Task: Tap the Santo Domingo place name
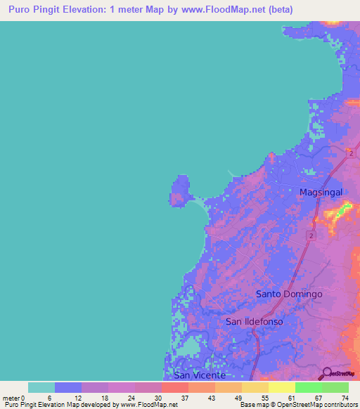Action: (288, 294)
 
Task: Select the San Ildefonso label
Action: (254, 321)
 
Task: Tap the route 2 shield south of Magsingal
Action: (309, 237)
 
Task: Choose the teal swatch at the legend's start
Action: (41, 387)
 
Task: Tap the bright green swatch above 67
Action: (309, 387)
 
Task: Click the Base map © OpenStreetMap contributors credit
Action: (297, 405)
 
